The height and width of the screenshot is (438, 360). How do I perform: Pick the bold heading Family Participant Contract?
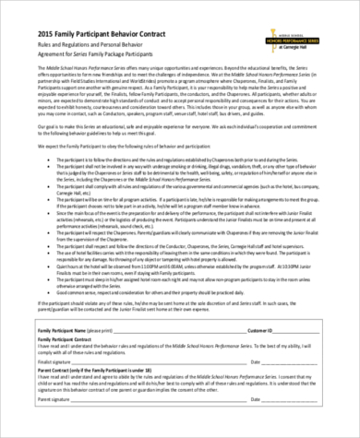(x=68, y=367)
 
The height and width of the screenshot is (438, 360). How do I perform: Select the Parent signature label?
(x=56, y=425)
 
